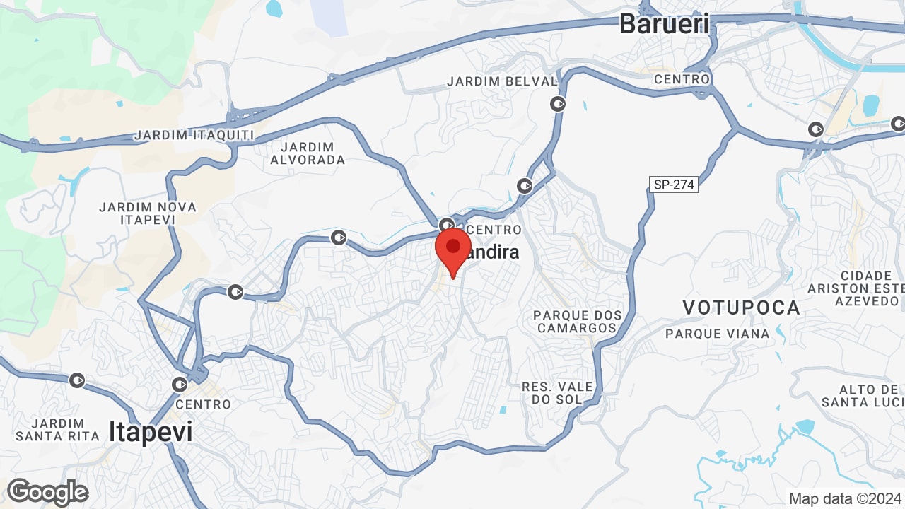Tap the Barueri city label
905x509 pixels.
pyautogui.click(x=664, y=24)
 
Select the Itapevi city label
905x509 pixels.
pyautogui.click(x=151, y=432)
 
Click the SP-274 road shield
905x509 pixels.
pyautogui.click(x=675, y=185)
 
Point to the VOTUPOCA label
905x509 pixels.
pyautogui.click(x=741, y=308)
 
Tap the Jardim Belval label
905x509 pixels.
pyautogui.click(x=502, y=81)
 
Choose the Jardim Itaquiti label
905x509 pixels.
pyautogui.click(x=194, y=134)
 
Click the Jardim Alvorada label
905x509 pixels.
pyautogui.click(x=308, y=153)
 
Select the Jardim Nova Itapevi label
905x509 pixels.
pyautogui.click(x=148, y=213)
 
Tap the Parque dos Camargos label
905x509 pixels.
pyautogui.click(x=577, y=322)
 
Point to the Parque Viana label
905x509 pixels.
pyautogui.click(x=718, y=333)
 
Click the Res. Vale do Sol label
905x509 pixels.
pyautogui.click(x=557, y=393)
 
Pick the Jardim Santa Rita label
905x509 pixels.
pyautogui.click(x=57, y=429)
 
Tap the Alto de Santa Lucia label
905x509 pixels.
pyautogui.click(x=863, y=396)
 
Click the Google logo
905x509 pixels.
pyautogui.click(x=47, y=493)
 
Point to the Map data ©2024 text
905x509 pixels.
pyautogui.click(x=846, y=498)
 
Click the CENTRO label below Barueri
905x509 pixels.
pyautogui.click(x=682, y=79)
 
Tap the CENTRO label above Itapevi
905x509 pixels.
pyautogui.click(x=203, y=404)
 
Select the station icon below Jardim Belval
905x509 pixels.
pyautogui.click(x=559, y=104)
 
